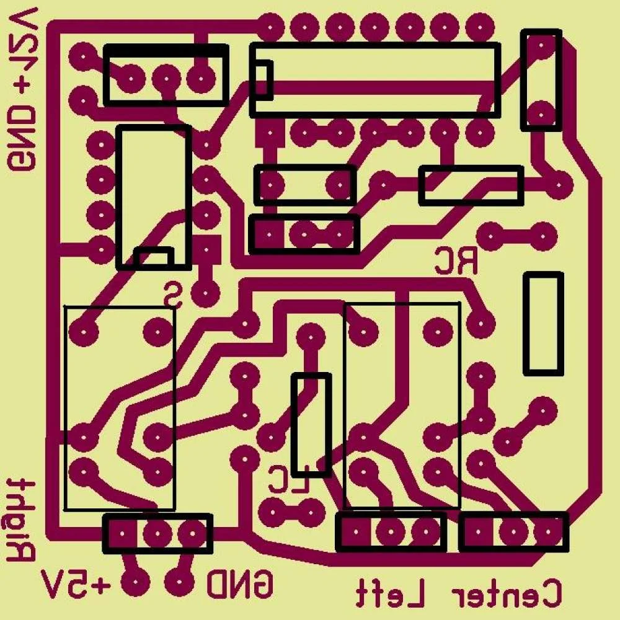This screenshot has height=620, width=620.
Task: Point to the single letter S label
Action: (x=173, y=294)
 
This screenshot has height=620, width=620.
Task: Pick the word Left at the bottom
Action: (x=389, y=593)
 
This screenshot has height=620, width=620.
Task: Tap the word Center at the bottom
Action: (x=507, y=593)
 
